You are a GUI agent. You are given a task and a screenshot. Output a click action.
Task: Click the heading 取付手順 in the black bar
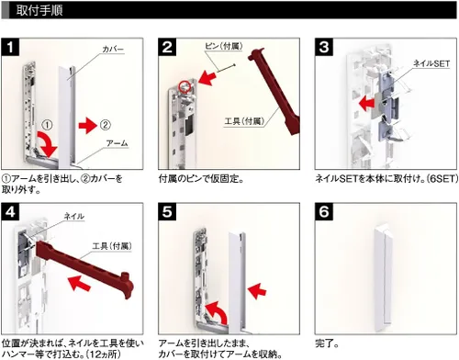[39, 10]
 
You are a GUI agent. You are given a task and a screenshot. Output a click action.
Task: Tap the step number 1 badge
[10, 47]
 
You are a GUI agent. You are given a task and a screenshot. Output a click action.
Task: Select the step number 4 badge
[10, 211]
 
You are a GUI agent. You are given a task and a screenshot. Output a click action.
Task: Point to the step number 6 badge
[324, 211]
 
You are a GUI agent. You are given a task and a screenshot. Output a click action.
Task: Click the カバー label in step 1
[113, 49]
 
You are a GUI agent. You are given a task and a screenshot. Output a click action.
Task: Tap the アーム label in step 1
[117, 143]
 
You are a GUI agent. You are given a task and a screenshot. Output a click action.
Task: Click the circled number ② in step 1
[105, 125]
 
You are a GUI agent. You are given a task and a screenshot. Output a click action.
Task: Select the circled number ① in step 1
[47, 125]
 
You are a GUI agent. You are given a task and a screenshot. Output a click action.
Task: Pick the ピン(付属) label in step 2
[224, 46]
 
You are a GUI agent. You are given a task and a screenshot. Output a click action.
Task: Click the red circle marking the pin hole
[185, 87]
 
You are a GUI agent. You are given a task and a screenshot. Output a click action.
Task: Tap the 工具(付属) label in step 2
[244, 121]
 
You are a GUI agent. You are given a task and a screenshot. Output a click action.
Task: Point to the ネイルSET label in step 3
[431, 63]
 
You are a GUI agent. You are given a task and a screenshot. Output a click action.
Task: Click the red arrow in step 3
[366, 104]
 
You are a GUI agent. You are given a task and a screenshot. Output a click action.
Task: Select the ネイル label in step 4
[73, 217]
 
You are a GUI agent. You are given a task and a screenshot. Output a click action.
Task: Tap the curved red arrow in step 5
[217, 312]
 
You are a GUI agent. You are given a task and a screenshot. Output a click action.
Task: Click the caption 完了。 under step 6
[327, 343]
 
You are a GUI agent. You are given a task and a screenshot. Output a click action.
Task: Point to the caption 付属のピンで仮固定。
[201, 178]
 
